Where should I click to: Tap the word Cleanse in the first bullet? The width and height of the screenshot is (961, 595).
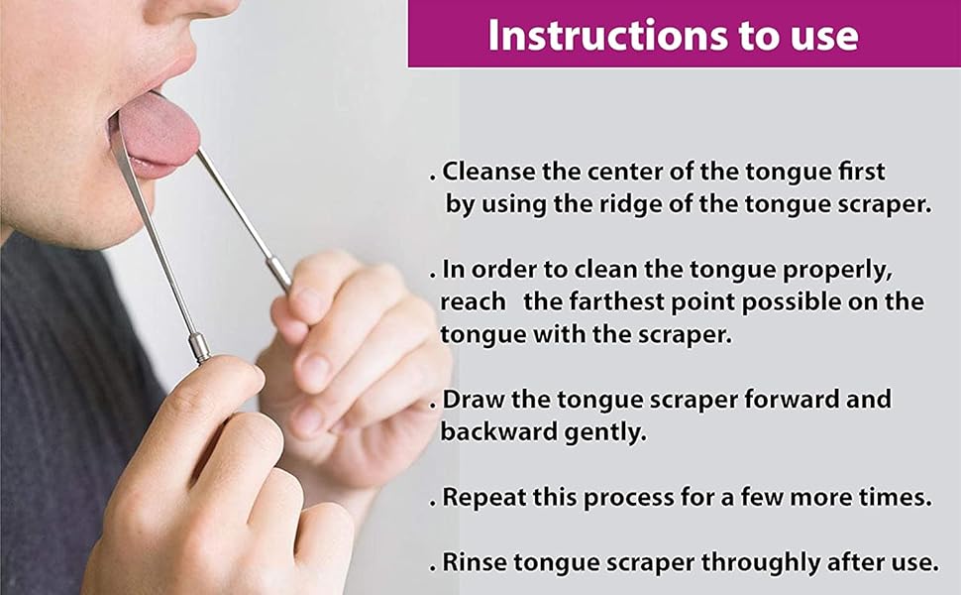point(484,172)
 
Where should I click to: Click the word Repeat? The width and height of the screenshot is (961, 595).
point(479,497)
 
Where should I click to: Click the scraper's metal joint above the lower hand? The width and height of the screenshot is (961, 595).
point(199,347)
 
